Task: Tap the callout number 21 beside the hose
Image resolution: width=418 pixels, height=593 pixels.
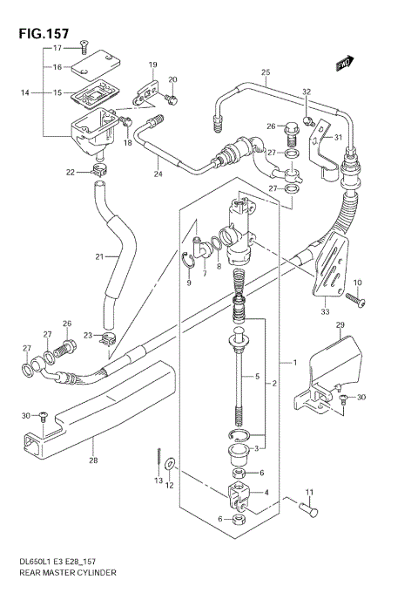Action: coord(99,256)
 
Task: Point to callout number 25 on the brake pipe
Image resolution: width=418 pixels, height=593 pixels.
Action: coord(266,72)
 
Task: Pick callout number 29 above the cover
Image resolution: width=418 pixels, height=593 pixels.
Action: coord(340,324)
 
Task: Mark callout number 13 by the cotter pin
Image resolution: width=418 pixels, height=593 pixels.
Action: coord(158,481)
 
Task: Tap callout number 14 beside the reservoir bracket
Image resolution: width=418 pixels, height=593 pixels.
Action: coord(25,92)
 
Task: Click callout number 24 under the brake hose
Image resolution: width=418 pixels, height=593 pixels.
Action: coord(158,174)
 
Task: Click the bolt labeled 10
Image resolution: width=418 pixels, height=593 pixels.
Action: coord(354,298)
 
